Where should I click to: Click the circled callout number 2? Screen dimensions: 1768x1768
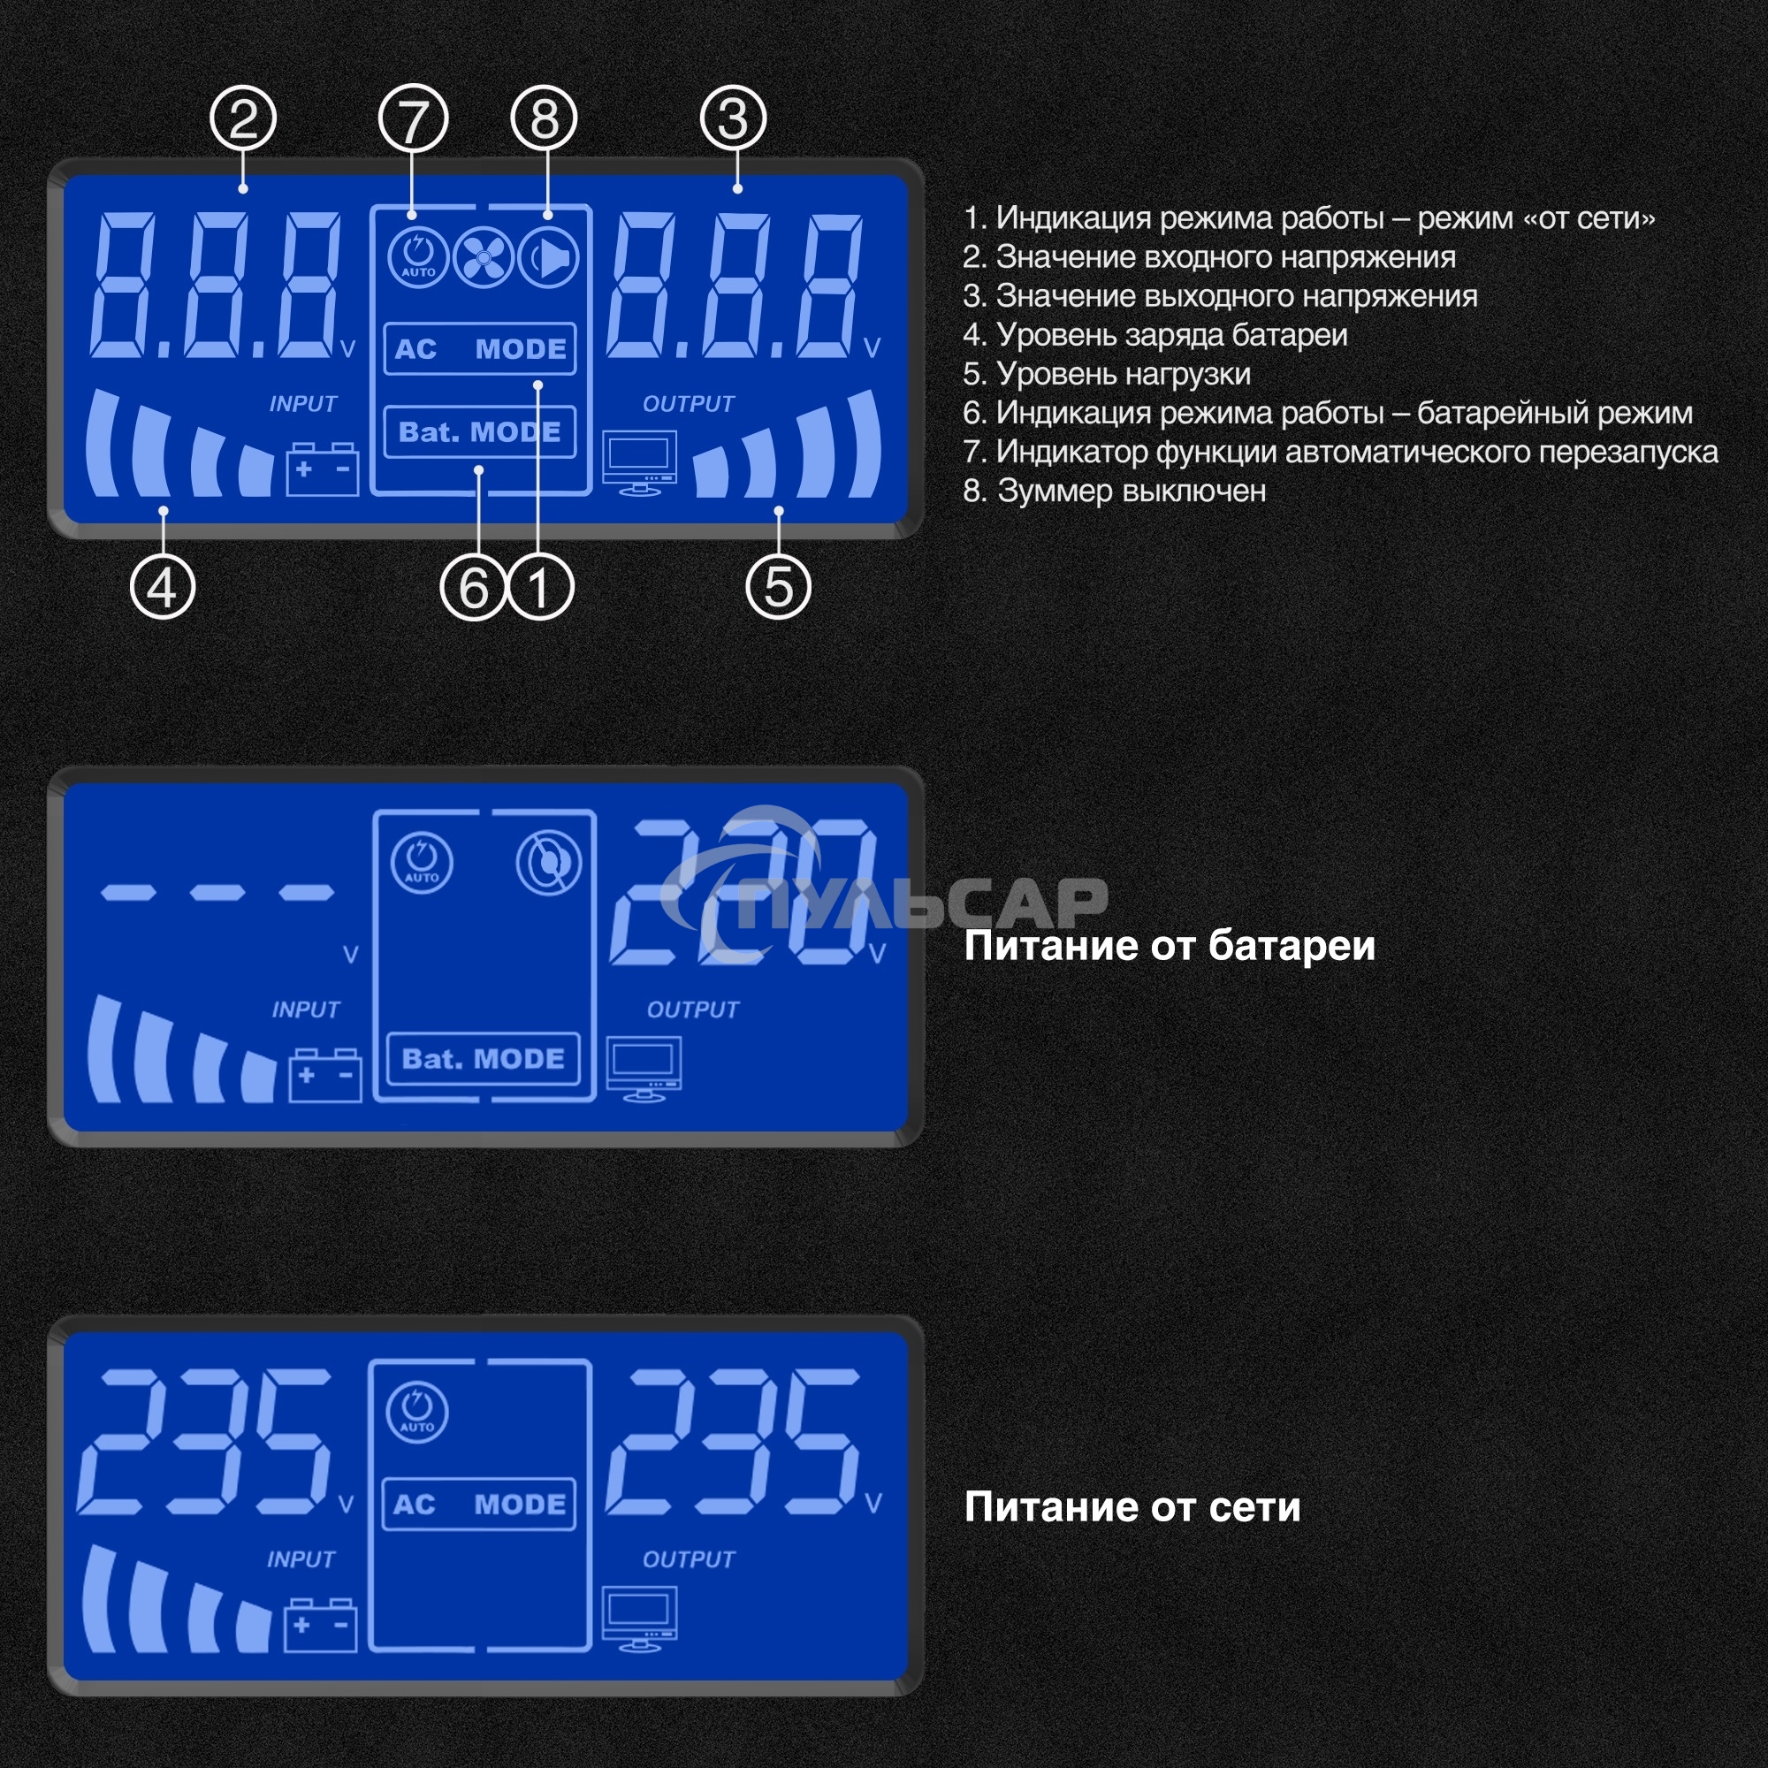[x=242, y=119]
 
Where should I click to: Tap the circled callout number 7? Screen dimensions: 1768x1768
[x=413, y=119]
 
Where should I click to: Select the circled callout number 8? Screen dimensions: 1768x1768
[x=545, y=119]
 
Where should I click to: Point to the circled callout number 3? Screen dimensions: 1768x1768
[x=733, y=119]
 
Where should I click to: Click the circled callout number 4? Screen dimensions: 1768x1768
[x=163, y=588]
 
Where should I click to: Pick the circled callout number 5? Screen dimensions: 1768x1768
[x=779, y=588]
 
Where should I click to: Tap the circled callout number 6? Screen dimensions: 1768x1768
[x=473, y=588]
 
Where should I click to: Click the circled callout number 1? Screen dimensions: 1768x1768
[x=541, y=588]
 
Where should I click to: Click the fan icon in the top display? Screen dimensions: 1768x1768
[x=484, y=257]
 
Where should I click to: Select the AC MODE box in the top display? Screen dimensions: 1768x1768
[x=479, y=348]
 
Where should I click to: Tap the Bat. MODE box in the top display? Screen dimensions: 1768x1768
[x=479, y=432]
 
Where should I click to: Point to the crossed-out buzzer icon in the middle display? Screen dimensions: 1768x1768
[x=549, y=863]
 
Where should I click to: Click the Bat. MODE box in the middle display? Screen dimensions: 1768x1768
[x=484, y=1059]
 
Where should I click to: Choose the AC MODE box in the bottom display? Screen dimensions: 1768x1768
[x=478, y=1505]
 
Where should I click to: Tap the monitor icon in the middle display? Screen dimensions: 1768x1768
[x=644, y=1067]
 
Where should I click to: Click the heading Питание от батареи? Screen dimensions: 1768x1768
[x=1169, y=946]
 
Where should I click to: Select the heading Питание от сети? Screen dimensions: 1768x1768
[x=1132, y=1507]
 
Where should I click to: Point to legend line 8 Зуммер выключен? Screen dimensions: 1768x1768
[x=1115, y=492]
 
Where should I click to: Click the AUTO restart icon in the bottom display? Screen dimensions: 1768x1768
[x=417, y=1411]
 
